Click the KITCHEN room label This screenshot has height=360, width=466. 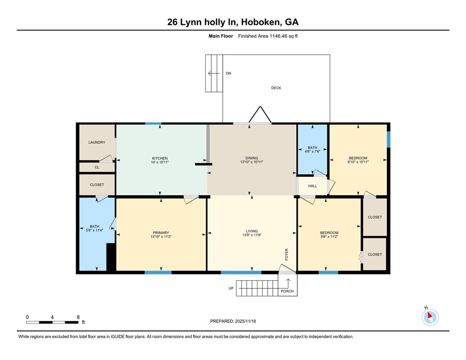click(x=160, y=158)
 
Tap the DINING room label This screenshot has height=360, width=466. click(x=252, y=158)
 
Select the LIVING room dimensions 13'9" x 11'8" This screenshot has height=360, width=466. click(x=252, y=236)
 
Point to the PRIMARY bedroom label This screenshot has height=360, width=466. click(x=161, y=233)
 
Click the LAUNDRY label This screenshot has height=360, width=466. click(x=97, y=143)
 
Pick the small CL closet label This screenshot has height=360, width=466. click(x=97, y=168)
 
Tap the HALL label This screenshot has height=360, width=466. click(x=313, y=186)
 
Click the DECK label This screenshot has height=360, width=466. click(x=276, y=88)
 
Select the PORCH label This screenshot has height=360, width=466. click(x=287, y=291)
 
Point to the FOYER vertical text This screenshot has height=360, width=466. click(x=287, y=254)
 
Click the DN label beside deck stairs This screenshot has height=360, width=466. click(x=228, y=74)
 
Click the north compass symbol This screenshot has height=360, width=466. click(x=430, y=317)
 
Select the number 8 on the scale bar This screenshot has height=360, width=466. click(x=78, y=317)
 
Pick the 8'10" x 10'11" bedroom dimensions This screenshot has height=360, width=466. click(x=358, y=162)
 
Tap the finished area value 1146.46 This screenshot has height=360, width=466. click(x=277, y=36)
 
